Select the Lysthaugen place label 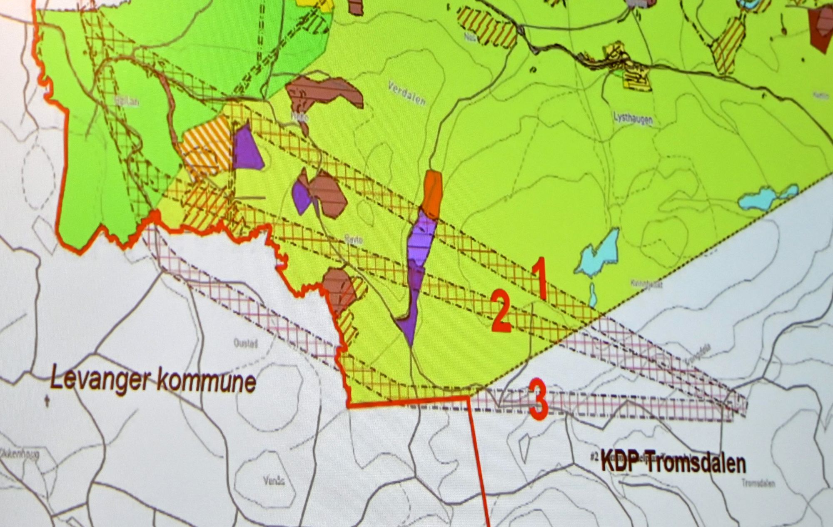click(x=633, y=118)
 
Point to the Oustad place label click(x=245, y=344)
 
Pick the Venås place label click(x=274, y=481)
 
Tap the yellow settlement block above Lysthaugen click(x=633, y=75)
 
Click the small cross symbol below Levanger click(x=47, y=402)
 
